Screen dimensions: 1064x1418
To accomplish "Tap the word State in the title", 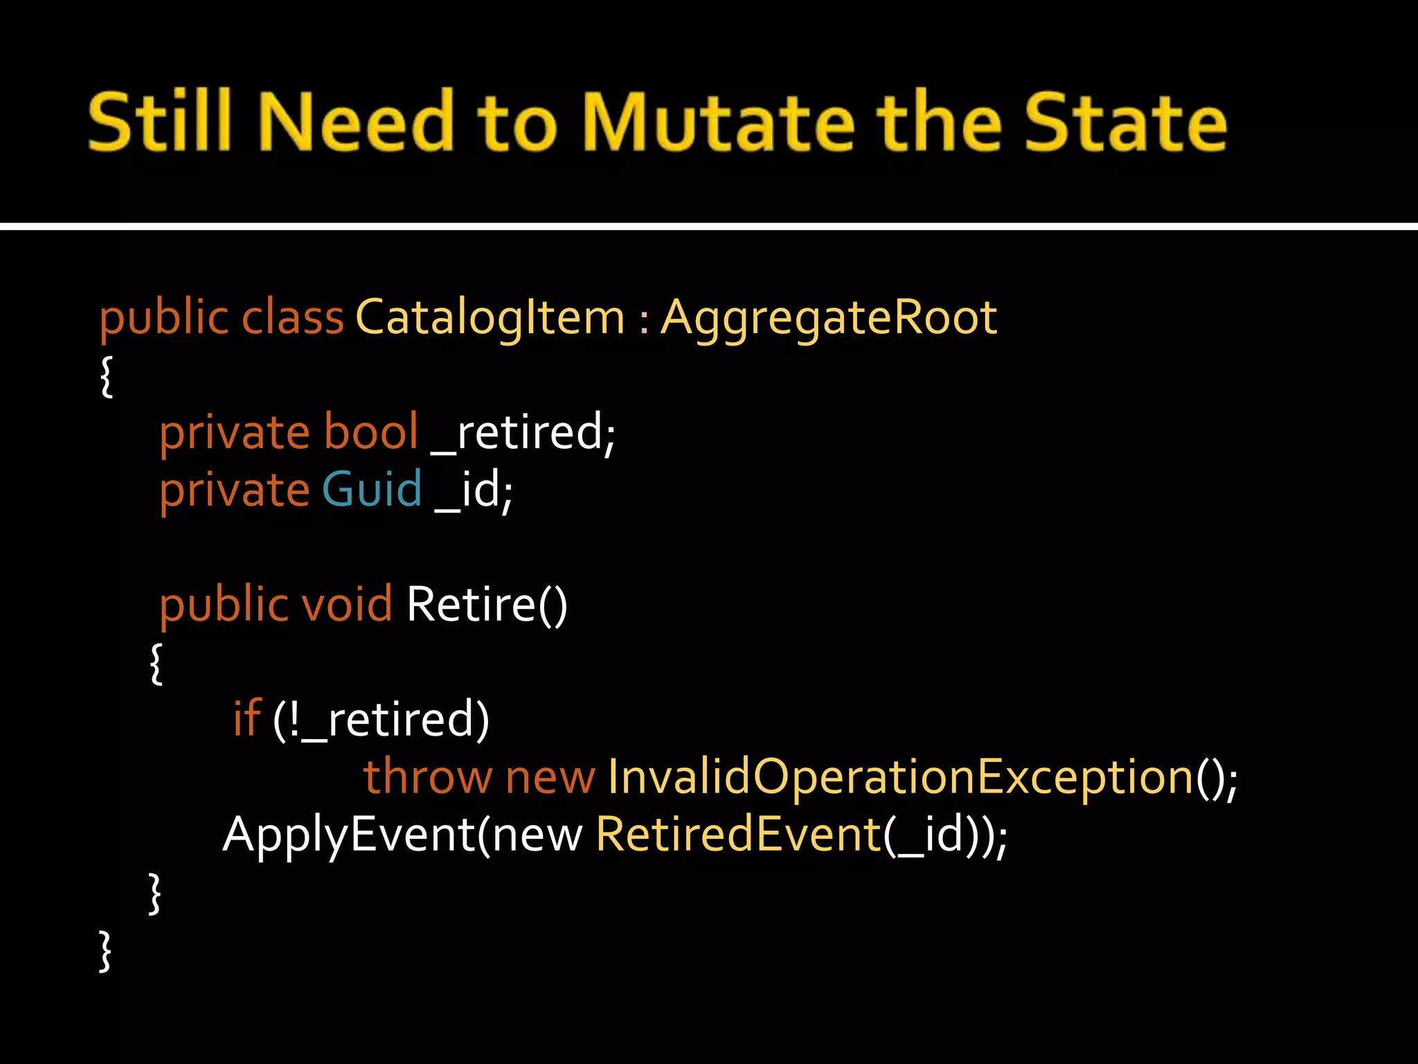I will coord(1125,123).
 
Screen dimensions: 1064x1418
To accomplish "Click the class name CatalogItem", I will coord(490,318).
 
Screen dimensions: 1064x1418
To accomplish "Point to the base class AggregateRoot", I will coord(828,318).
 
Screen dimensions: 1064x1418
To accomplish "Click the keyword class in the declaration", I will coord(292,318).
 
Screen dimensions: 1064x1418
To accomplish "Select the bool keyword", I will coord(371,432).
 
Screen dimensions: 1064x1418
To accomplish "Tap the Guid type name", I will coord(372,490).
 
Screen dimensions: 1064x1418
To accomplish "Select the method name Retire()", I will coord(487,604).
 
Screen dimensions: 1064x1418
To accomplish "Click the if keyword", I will coord(246,718).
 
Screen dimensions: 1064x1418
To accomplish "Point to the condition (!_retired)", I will coord(381,720).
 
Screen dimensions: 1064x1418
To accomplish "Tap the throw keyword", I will coord(427,777).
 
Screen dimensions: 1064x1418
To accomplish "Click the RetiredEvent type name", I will coord(738,834).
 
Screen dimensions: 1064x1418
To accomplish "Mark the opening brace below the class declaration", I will coord(107,377).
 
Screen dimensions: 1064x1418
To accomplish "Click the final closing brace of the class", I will coord(105,952).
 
